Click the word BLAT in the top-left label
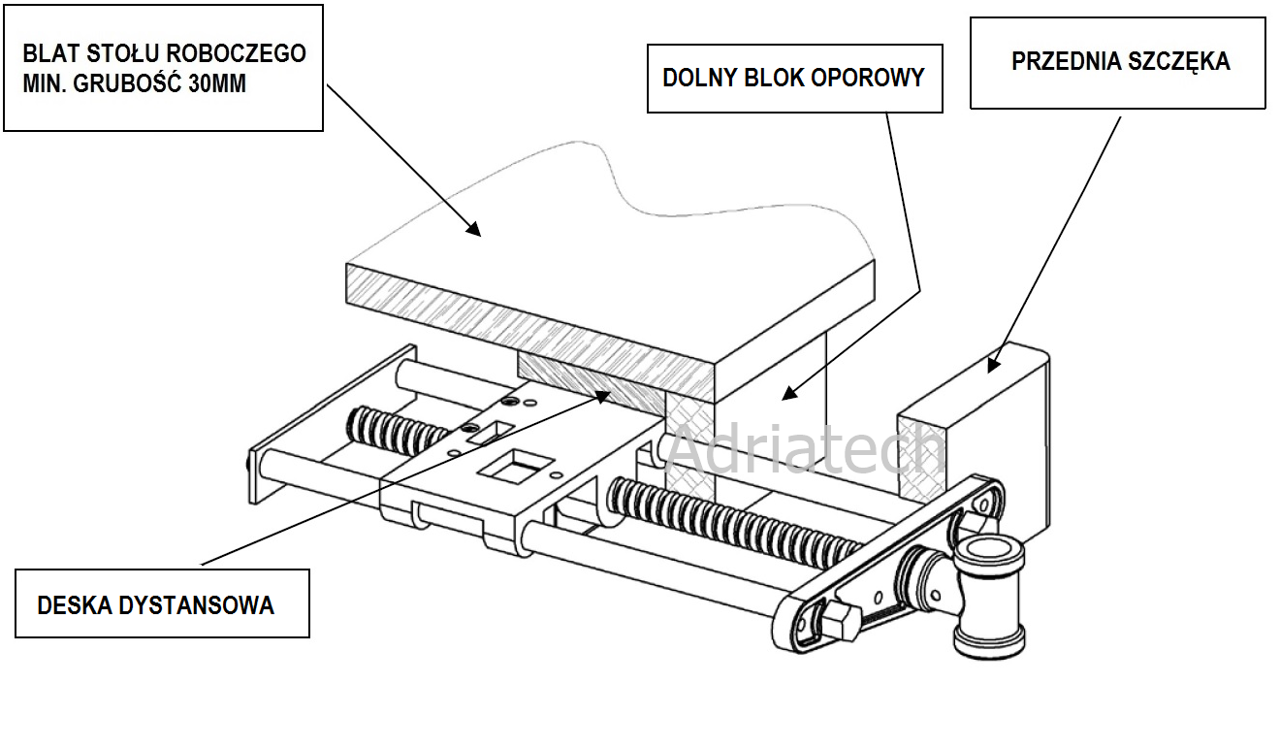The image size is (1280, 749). (47, 53)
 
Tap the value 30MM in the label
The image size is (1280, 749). (220, 84)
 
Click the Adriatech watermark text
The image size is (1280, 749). (804, 449)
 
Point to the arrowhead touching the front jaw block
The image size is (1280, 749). (992, 364)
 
